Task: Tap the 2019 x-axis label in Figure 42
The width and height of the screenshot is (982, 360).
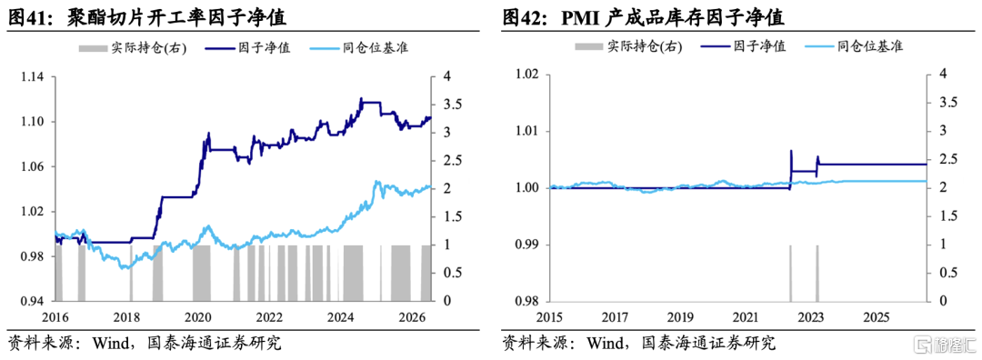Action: click(x=681, y=315)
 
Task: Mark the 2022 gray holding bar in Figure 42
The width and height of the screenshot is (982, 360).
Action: click(x=790, y=273)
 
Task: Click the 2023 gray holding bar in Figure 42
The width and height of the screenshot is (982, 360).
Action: click(x=817, y=273)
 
